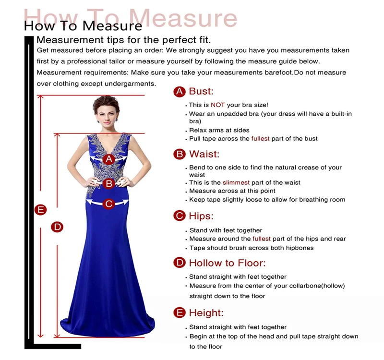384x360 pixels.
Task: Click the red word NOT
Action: coord(217,105)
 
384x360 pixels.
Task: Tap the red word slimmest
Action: coord(235,183)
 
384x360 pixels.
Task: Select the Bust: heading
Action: coord(201,91)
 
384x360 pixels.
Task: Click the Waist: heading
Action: coord(204,154)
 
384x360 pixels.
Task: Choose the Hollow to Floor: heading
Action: coord(227,263)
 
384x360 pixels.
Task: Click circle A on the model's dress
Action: coord(109,159)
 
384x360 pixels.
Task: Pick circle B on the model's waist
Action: coord(109,183)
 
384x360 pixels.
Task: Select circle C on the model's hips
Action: coord(109,204)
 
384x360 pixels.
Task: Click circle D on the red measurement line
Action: coord(58,227)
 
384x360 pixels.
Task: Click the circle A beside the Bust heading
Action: coord(179,92)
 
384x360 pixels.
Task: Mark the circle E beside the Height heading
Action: coord(179,313)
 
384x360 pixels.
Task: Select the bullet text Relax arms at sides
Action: coord(219,130)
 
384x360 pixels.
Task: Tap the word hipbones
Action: coord(299,248)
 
